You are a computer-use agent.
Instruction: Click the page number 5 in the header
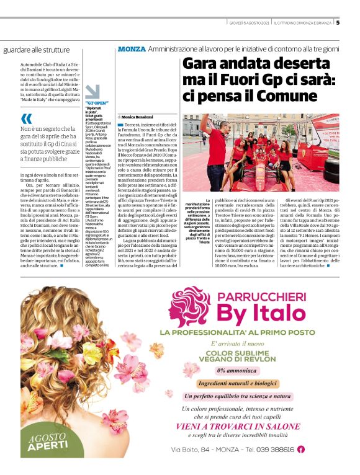[x=338, y=24]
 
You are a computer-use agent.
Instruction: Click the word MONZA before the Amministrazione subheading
[x=131, y=48]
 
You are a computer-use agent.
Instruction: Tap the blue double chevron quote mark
[x=25, y=119]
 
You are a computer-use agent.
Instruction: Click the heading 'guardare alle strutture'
[x=37, y=49]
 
